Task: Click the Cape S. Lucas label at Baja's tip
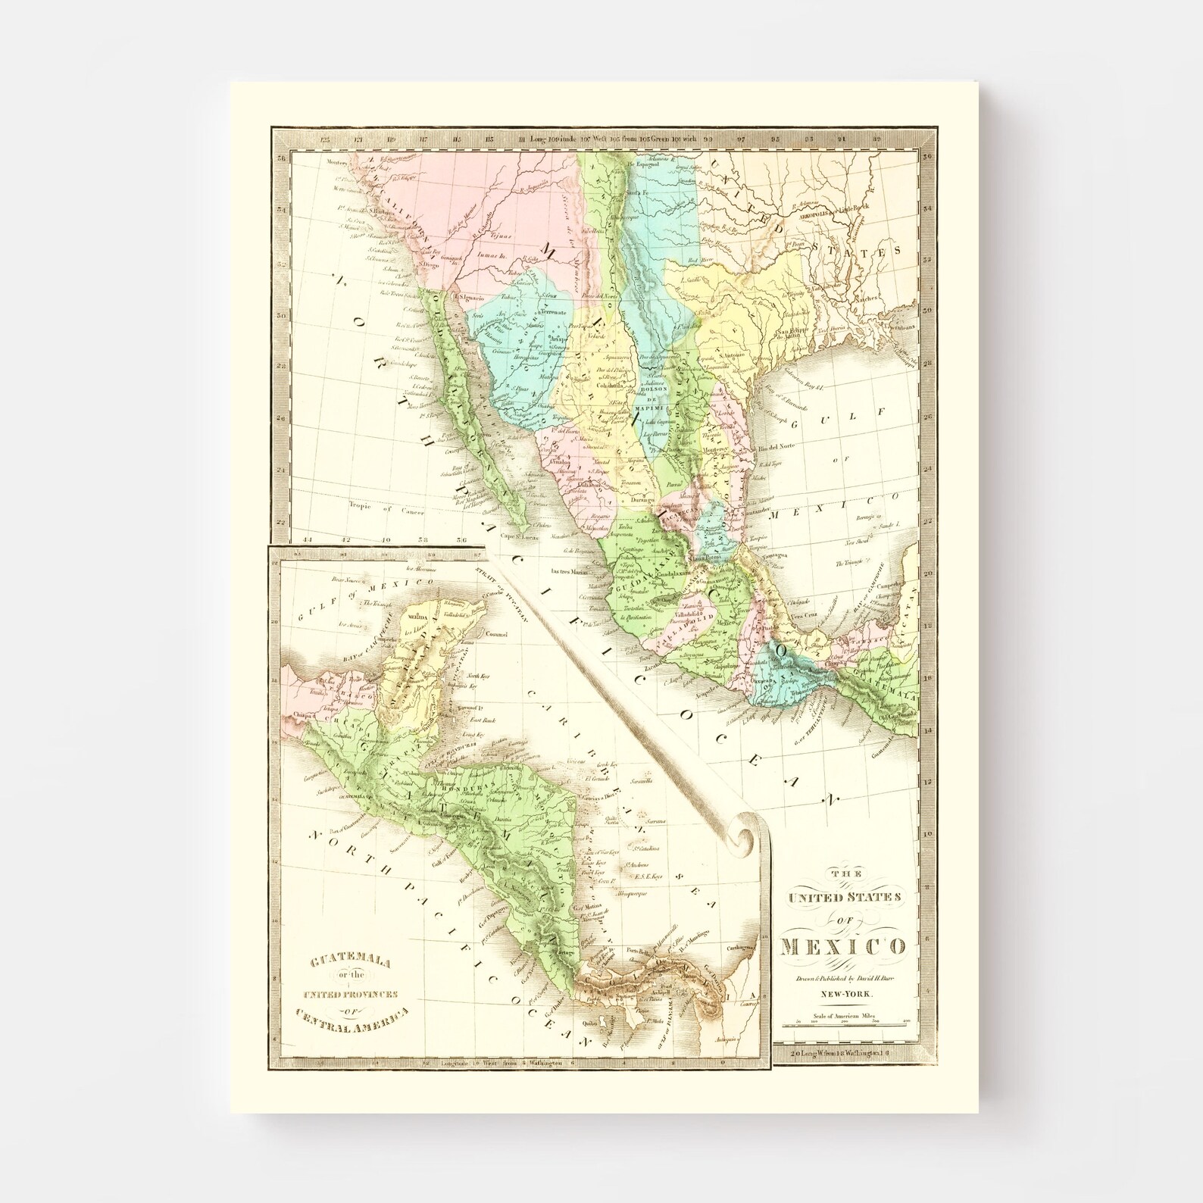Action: point(517,536)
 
